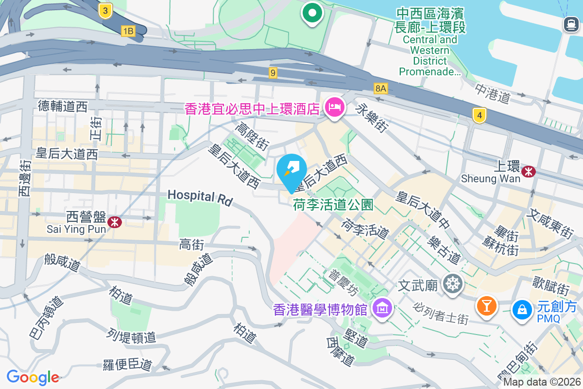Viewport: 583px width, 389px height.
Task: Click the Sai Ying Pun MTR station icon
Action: point(115,222)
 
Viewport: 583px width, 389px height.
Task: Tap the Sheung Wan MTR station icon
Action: point(528,171)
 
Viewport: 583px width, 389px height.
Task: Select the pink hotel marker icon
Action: point(334,106)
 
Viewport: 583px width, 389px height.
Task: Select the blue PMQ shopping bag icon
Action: point(522,308)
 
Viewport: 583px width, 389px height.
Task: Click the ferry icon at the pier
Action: point(570,24)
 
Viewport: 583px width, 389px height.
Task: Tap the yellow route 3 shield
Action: point(105,11)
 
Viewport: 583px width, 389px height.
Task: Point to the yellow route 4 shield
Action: point(480,115)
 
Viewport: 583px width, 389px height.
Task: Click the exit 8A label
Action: point(381,88)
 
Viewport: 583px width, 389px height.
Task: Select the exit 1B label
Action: point(128,32)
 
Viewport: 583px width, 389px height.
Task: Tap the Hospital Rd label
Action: point(200,196)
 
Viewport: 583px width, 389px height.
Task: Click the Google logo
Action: point(33,377)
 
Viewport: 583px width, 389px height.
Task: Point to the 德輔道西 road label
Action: point(63,106)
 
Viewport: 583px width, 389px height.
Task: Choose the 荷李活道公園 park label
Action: point(333,205)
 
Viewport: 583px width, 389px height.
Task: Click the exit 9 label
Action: point(274,73)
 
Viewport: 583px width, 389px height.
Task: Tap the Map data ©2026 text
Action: point(542,382)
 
